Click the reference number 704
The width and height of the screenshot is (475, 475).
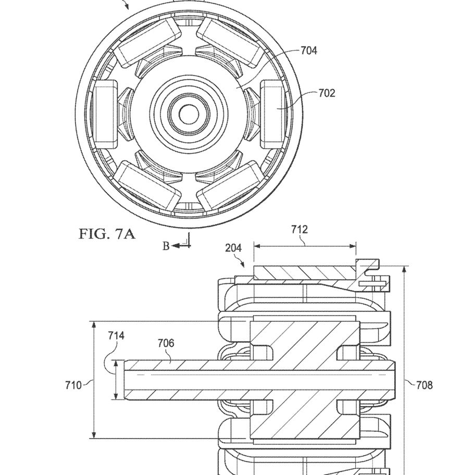(x=309, y=51)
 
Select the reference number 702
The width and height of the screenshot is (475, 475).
(x=327, y=93)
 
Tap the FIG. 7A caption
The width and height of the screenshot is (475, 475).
(x=107, y=234)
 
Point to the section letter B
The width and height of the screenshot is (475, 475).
(x=166, y=246)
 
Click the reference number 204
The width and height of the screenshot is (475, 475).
(x=233, y=248)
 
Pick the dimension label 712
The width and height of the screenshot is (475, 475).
(x=299, y=229)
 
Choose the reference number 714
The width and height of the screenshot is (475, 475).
(x=116, y=335)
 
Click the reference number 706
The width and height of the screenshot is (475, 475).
(x=166, y=343)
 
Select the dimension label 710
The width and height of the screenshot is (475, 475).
(x=73, y=385)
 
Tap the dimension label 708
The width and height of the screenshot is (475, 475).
(x=424, y=385)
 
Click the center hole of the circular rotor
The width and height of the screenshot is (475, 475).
(x=189, y=114)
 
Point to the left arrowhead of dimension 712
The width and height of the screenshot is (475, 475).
(x=257, y=246)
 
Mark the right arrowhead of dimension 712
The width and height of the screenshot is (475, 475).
(x=352, y=246)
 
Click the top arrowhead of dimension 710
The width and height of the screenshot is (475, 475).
(x=94, y=326)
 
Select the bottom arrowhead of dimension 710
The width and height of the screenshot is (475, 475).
(x=94, y=434)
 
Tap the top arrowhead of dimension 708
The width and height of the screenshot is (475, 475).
(x=404, y=270)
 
